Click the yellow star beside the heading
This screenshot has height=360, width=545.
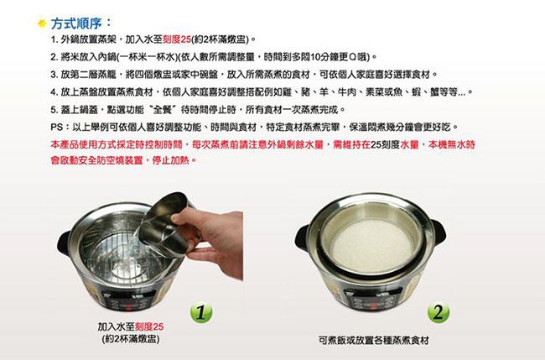click(42, 23)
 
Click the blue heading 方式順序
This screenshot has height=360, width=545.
click(76, 23)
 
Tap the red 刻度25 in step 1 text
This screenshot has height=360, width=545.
click(177, 39)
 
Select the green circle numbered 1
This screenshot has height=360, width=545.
click(201, 312)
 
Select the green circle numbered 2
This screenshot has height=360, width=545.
click(439, 312)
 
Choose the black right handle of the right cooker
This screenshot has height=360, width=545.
click(439, 232)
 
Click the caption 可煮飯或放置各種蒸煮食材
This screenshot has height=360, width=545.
click(374, 340)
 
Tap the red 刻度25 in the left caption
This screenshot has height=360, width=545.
click(148, 326)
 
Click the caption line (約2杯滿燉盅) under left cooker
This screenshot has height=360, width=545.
click(131, 339)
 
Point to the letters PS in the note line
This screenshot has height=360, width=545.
click(56, 127)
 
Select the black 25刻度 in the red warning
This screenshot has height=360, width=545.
click(385, 144)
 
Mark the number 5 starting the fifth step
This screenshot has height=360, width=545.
click(53, 110)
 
